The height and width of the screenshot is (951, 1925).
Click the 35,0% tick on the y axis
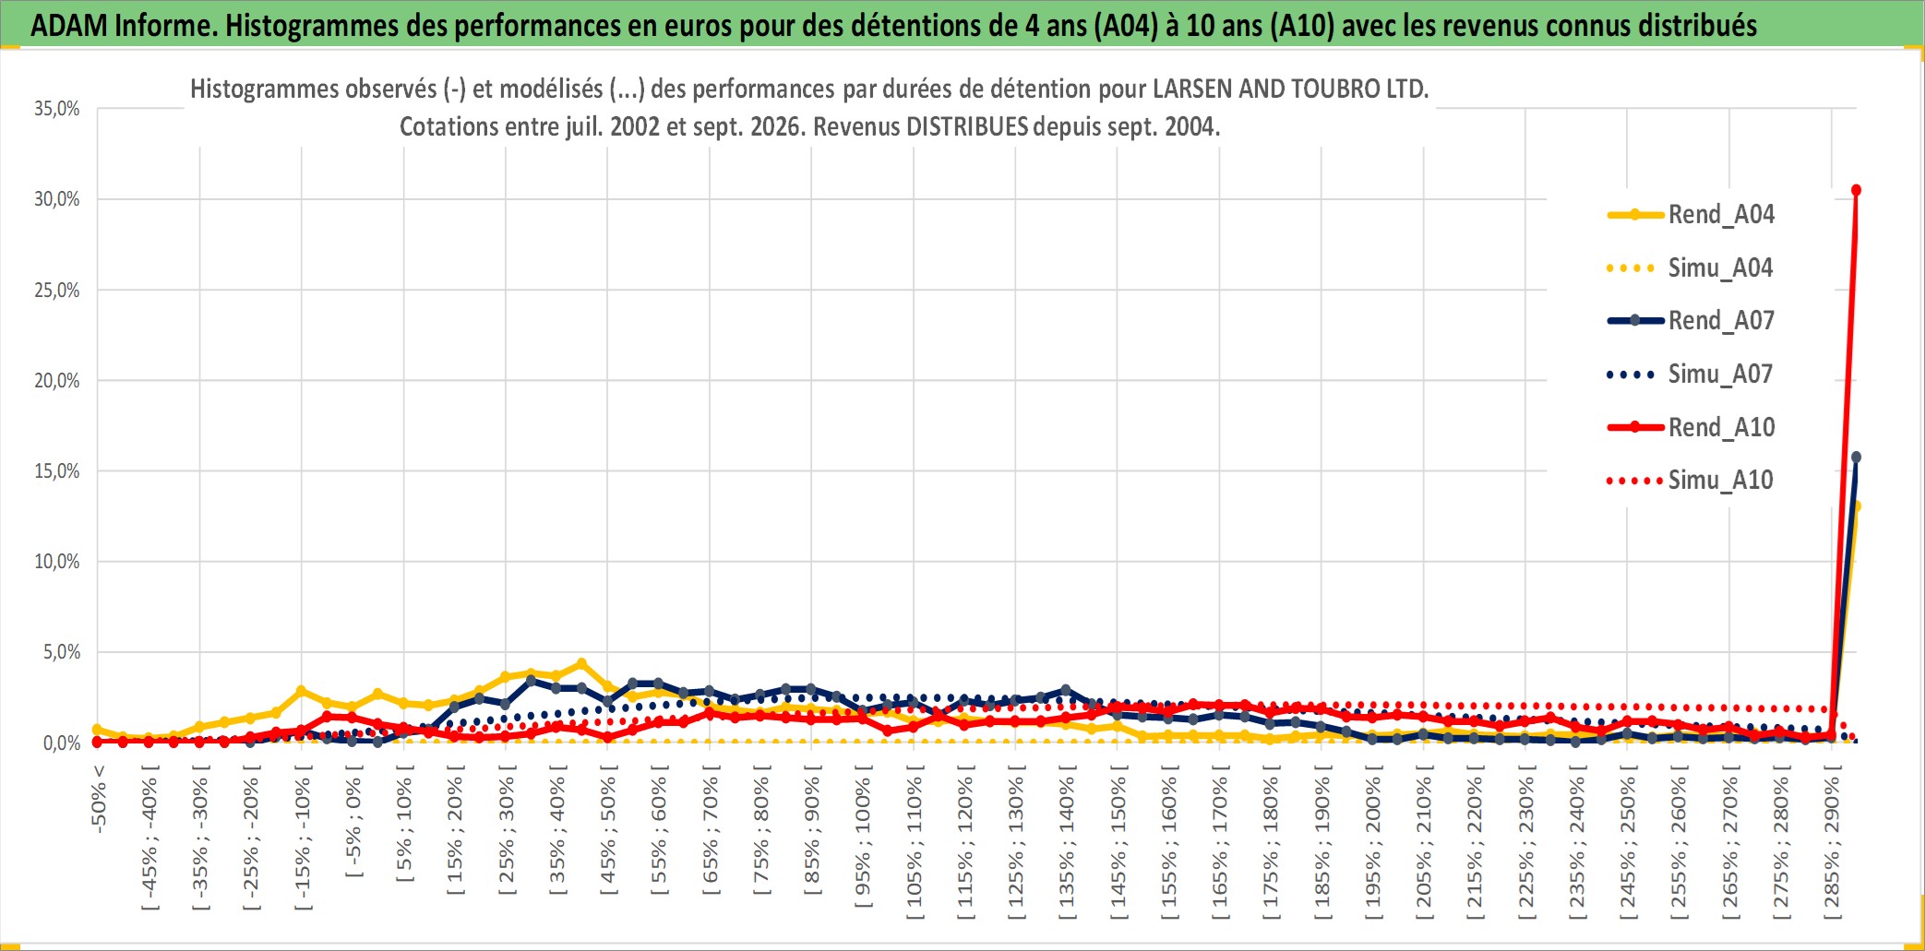click(x=57, y=109)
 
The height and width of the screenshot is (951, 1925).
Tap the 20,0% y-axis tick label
click(x=57, y=380)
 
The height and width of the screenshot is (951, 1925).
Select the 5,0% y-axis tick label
click(x=62, y=652)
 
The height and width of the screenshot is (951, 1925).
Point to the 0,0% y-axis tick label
click(x=62, y=743)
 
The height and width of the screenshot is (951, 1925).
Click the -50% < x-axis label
click(x=99, y=799)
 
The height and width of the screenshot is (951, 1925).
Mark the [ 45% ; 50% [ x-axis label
click(x=608, y=835)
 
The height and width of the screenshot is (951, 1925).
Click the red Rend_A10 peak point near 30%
click(x=1856, y=190)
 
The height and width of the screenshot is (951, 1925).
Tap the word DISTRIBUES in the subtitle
click(x=967, y=126)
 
